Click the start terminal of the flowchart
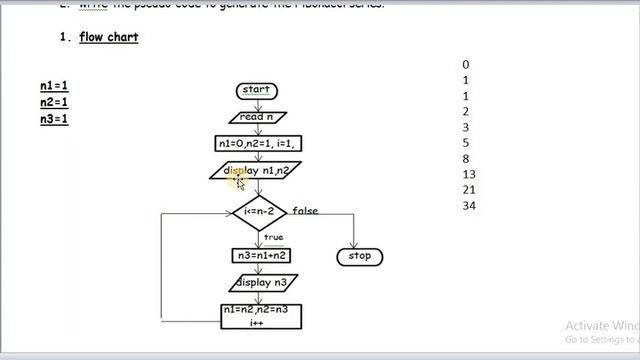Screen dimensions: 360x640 (x=257, y=91)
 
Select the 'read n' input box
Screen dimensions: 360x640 (x=257, y=117)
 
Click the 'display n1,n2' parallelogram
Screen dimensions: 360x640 (x=257, y=171)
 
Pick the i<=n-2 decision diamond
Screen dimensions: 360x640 (x=259, y=212)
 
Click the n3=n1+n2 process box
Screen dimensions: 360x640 (x=260, y=255)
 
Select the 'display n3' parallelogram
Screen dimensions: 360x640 (x=260, y=283)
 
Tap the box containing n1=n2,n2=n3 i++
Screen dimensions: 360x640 (x=260, y=316)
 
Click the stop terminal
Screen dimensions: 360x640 (x=359, y=256)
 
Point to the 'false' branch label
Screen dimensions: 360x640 (x=305, y=211)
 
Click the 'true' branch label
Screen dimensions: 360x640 (x=273, y=237)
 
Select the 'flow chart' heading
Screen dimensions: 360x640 (x=109, y=38)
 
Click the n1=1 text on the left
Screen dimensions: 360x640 (x=54, y=86)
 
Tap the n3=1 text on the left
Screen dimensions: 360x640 (x=54, y=119)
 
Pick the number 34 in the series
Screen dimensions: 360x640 (x=469, y=206)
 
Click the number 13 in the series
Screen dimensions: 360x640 (x=469, y=174)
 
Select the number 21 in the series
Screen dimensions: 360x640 (x=469, y=190)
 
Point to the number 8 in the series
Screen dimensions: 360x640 (x=466, y=159)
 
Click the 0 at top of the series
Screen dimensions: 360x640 (x=466, y=65)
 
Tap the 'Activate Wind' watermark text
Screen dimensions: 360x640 (x=601, y=326)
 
